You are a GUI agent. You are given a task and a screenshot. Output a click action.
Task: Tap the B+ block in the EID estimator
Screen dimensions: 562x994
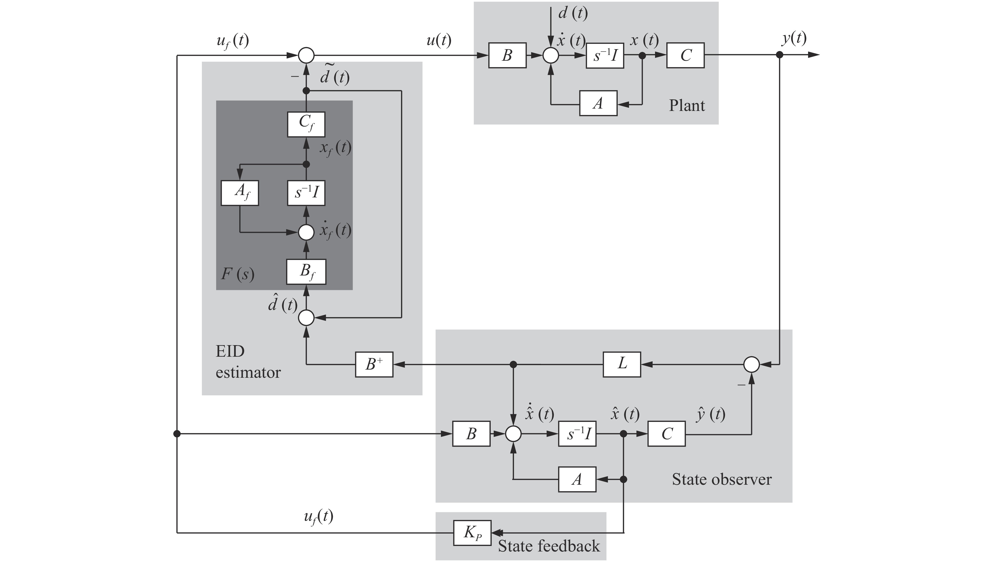tap(374, 364)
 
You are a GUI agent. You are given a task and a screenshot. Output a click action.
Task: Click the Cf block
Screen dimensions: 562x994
tap(306, 124)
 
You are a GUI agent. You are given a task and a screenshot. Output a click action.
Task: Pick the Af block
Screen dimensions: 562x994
tap(240, 193)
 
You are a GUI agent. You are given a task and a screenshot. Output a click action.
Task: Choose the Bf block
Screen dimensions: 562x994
tap(306, 272)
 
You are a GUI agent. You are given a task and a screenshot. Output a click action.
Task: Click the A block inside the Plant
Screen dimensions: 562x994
tap(598, 103)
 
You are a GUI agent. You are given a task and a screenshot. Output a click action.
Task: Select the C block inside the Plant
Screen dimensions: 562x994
tap(685, 55)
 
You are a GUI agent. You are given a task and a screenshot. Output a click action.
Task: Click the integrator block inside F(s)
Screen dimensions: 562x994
tap(306, 193)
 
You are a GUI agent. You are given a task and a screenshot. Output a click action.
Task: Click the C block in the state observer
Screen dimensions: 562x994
tap(667, 433)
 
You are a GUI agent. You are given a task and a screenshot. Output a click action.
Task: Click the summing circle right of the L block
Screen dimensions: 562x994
tap(751, 364)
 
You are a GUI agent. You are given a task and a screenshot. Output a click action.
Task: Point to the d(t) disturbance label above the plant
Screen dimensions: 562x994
tap(573, 13)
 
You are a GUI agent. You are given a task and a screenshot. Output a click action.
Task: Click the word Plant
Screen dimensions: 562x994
tap(686, 105)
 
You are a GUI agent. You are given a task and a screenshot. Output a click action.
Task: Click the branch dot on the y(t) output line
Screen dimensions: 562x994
tap(779, 55)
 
